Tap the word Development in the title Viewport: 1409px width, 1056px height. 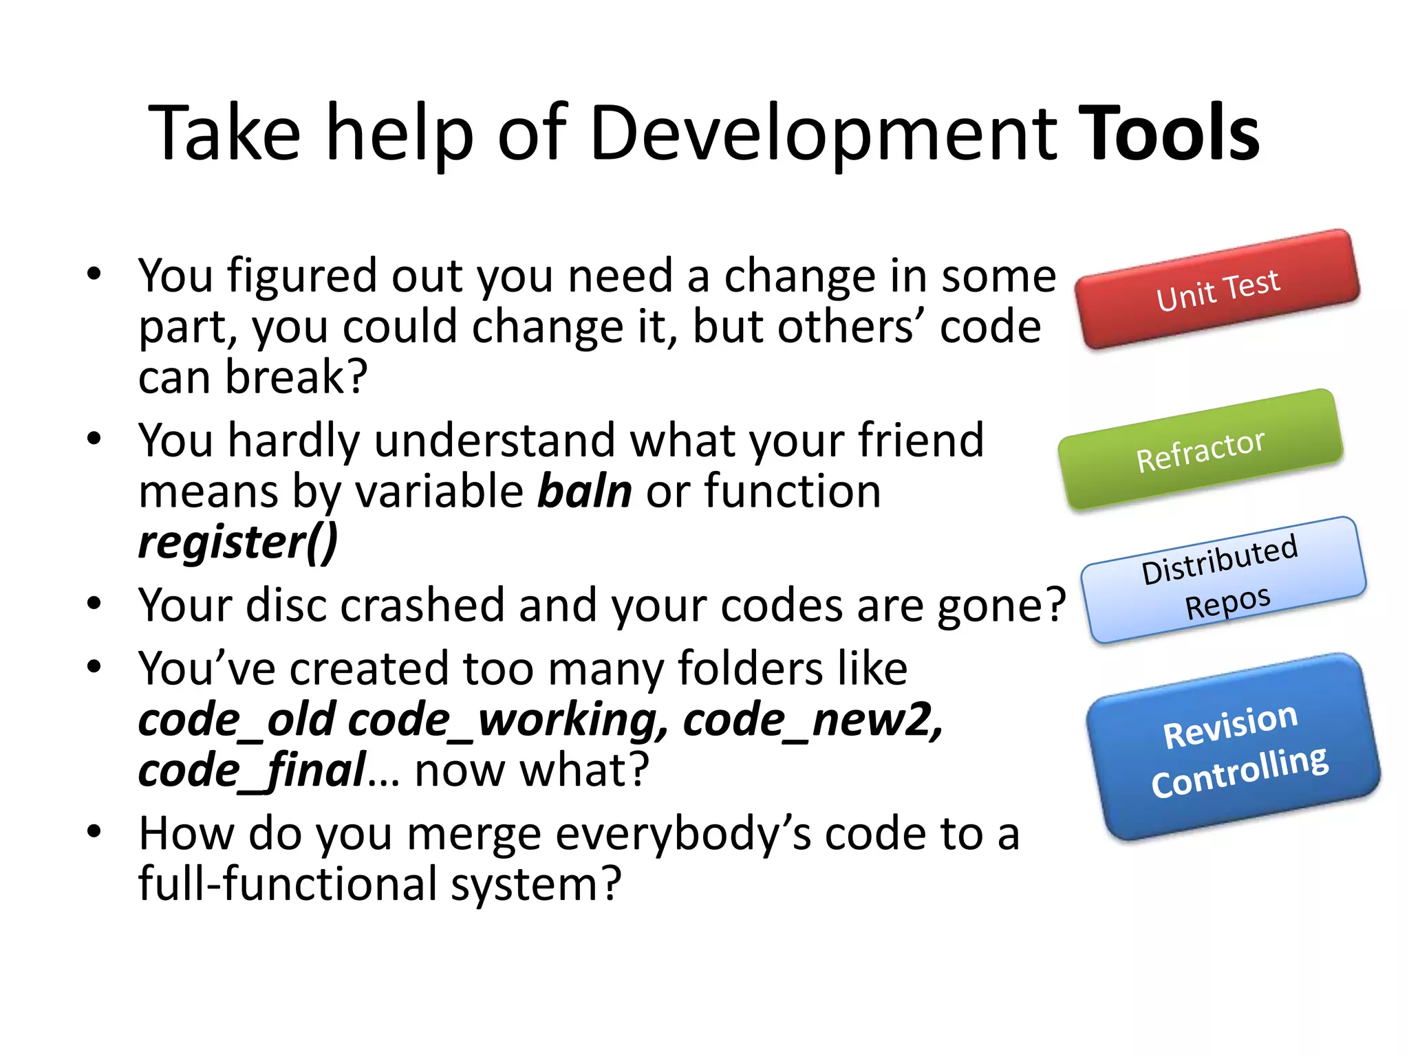coord(823,134)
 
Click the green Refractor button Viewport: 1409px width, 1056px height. coord(1201,450)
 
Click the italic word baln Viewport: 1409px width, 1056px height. coord(584,492)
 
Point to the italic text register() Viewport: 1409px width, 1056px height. coord(238,542)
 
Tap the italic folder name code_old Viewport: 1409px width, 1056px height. coord(237,720)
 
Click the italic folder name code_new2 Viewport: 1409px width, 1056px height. coord(812,720)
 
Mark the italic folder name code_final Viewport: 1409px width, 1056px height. coord(252,771)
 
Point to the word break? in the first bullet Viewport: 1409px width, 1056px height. coord(297,377)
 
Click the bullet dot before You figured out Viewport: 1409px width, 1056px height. coord(94,274)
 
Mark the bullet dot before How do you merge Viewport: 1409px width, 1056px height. coord(94,832)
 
